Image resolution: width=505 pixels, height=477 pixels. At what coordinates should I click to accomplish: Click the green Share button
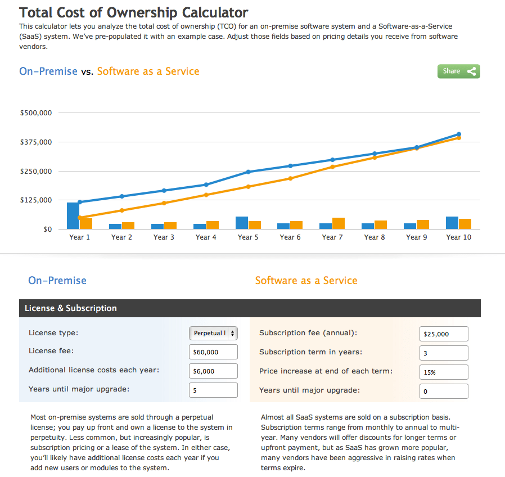coord(458,71)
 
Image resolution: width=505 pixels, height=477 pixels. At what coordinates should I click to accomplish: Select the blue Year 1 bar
coord(73,216)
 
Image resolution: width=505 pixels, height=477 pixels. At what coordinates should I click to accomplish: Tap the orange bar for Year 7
coord(339,223)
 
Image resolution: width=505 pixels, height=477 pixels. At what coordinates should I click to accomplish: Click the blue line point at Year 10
coord(459,134)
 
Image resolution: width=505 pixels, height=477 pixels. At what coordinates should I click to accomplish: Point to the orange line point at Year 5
coord(248,187)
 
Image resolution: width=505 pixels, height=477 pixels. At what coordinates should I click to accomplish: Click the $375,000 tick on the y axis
coord(36,142)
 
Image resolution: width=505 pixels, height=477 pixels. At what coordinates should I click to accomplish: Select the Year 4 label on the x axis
coord(206,237)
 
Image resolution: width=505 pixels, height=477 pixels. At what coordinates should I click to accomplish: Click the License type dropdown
coord(213,333)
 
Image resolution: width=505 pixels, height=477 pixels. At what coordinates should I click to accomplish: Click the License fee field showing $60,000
coord(213,352)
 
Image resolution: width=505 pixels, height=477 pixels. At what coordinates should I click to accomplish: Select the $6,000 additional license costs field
coord(213,371)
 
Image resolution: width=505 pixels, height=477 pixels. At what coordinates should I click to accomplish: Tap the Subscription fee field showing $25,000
coord(444,334)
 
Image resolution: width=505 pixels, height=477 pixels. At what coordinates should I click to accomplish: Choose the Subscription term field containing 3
coord(444,353)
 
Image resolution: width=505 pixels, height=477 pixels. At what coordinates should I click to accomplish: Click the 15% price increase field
coord(444,372)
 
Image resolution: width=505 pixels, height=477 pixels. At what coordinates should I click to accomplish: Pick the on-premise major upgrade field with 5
coord(213,390)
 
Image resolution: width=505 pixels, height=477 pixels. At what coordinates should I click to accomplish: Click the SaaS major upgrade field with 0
coord(444,391)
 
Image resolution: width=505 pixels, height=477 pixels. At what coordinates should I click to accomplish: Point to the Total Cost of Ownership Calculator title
coord(133,12)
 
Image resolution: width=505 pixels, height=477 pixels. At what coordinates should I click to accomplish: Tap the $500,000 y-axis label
coord(36,113)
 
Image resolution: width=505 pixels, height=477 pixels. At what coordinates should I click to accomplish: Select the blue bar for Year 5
coord(242,223)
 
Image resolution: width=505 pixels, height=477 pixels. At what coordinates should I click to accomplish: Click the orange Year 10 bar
coord(465,224)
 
